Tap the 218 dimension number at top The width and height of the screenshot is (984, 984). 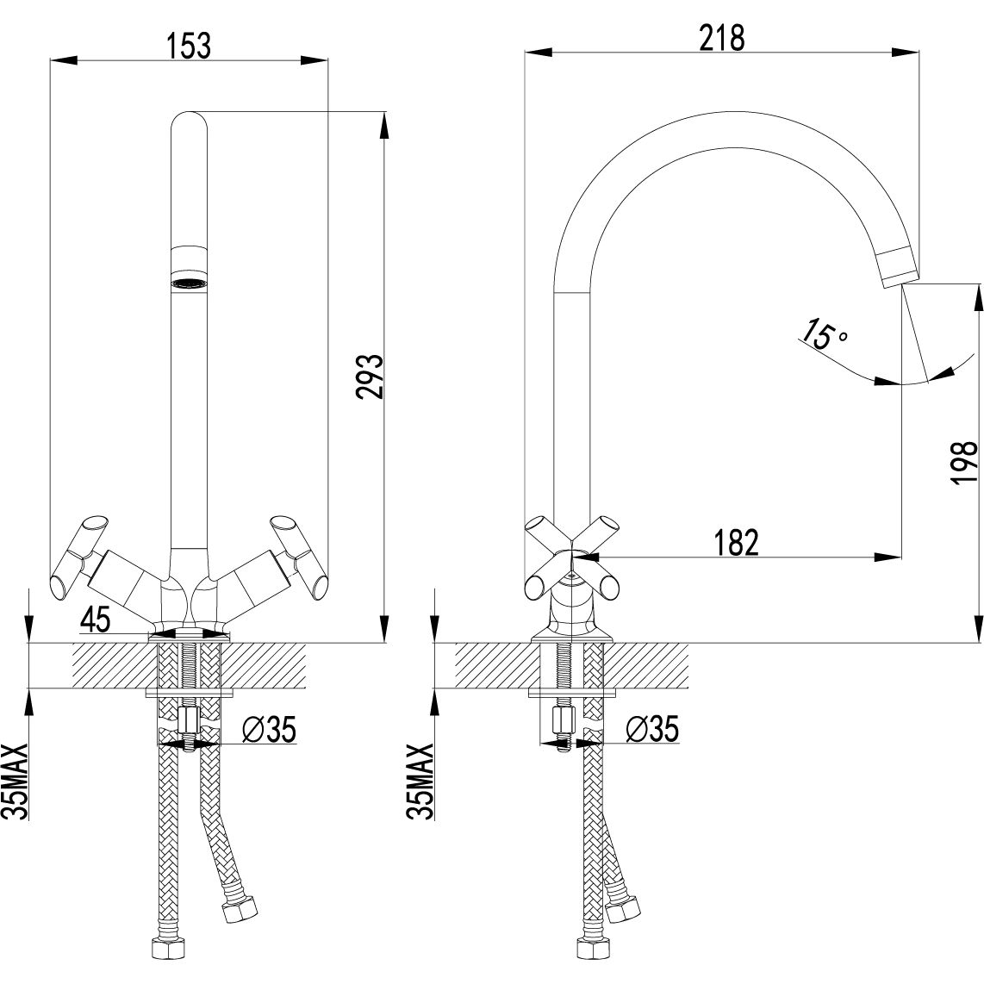coord(722,38)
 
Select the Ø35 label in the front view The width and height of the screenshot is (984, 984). coord(269,730)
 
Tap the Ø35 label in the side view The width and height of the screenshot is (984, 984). coord(651,730)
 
